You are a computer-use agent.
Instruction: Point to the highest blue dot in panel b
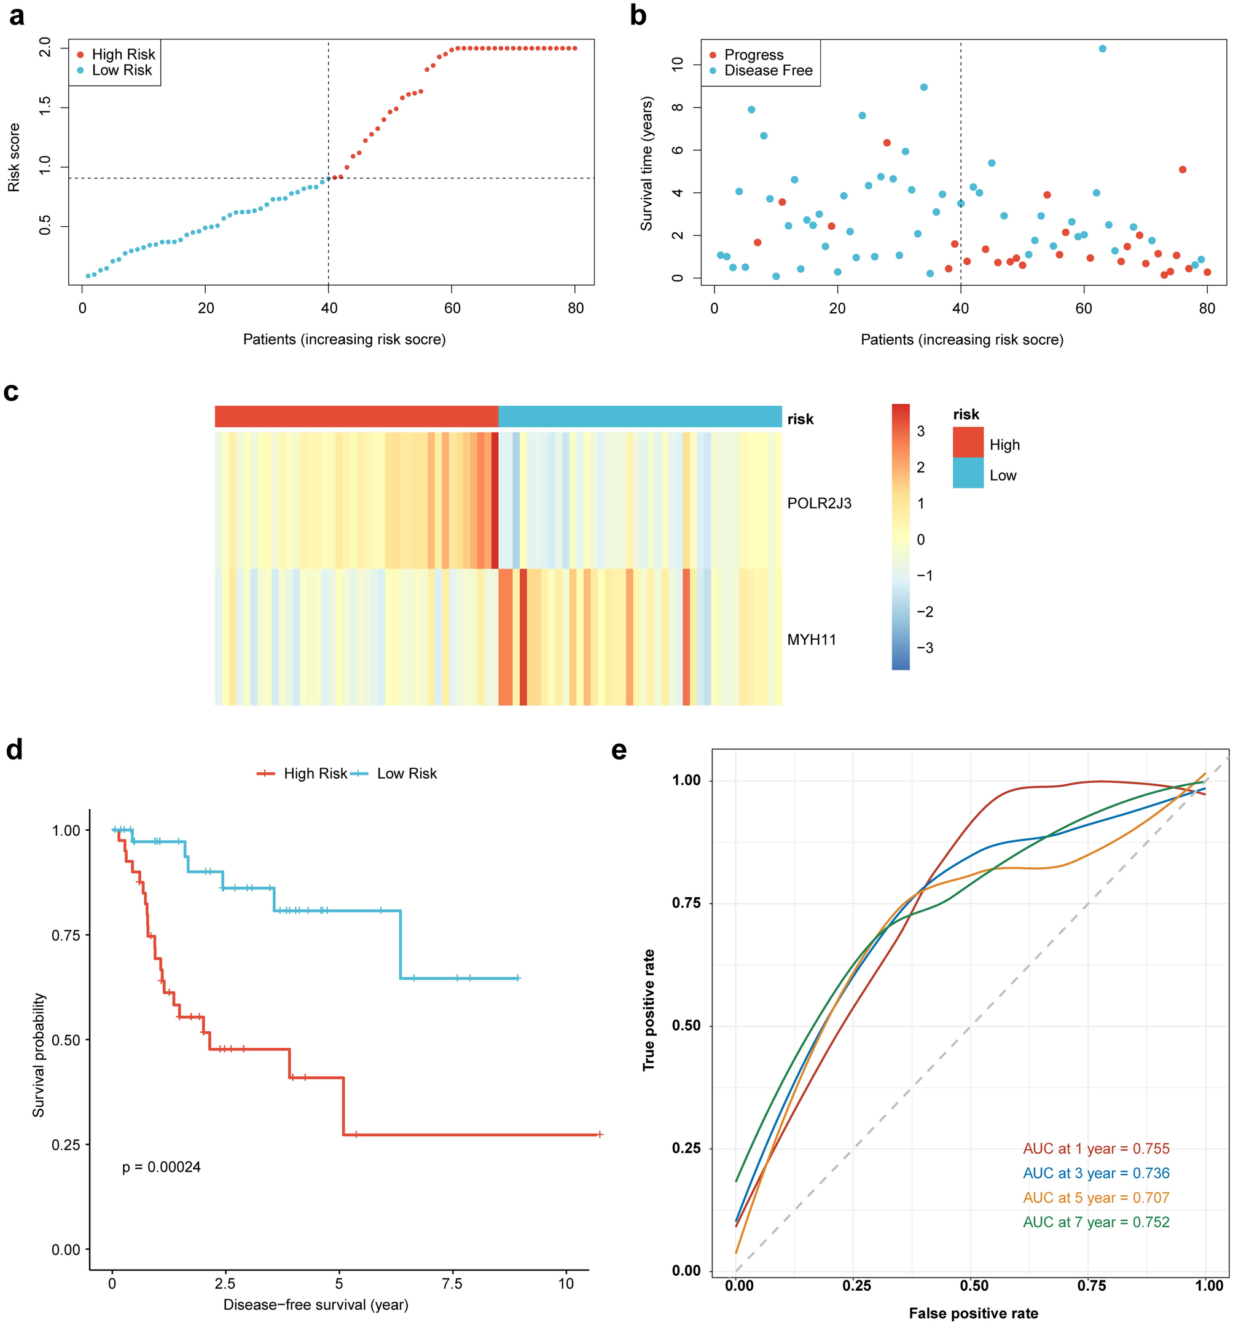pos(1102,49)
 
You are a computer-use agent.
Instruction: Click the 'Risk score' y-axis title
pos(14,158)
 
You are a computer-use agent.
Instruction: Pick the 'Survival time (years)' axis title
pos(646,163)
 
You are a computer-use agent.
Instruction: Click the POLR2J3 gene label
pos(819,503)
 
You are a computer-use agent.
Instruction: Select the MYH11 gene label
pos(811,640)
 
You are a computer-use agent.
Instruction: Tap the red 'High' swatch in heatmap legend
pos(967,442)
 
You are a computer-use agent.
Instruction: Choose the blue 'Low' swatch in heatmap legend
pos(967,473)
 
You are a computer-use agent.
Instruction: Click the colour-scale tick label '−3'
pos(924,648)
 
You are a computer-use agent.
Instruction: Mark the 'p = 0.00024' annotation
pos(161,1166)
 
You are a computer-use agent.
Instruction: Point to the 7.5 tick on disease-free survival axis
pos(452,1283)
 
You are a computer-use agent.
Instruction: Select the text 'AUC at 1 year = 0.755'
pos(1096,1149)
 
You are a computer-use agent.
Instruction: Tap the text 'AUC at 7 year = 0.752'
pos(1096,1222)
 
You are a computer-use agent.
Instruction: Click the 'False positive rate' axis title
pos(973,1313)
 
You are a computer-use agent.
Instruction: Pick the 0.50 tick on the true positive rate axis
pos(686,1025)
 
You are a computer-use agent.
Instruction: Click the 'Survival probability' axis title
pos(39,1055)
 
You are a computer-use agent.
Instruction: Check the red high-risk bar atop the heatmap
pos(356,416)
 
